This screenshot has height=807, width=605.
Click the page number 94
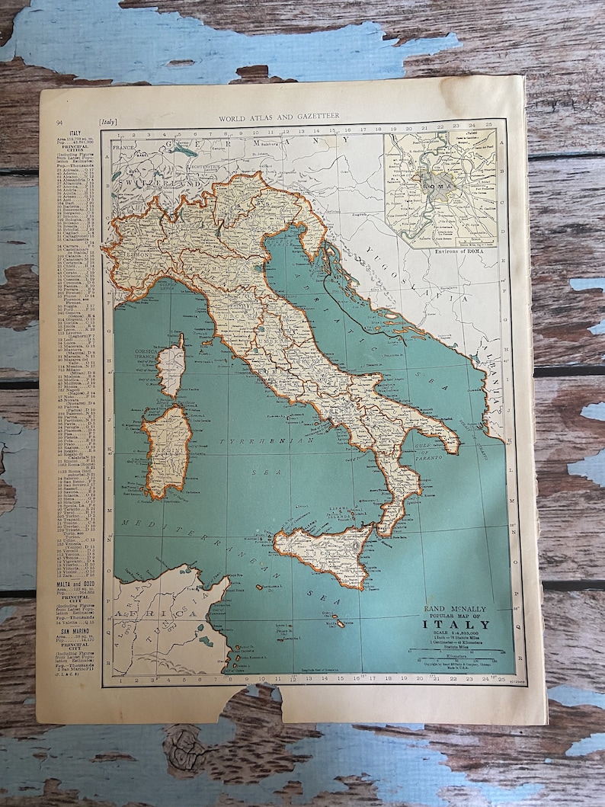(59, 122)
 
